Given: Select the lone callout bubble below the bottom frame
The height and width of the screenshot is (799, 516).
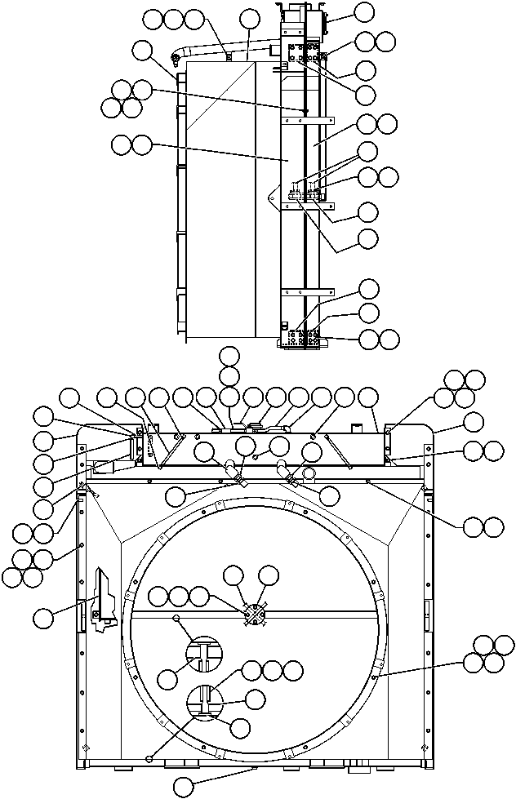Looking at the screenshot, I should coord(185,787).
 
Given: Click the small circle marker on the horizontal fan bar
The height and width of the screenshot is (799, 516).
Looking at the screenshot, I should coord(176,619).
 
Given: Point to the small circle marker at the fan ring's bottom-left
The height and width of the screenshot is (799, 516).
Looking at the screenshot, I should coord(149,758).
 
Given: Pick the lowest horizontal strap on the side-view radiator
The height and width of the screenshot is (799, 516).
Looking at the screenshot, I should coord(307,291).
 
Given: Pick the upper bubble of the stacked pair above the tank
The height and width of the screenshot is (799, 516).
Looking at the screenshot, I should coord(230,356).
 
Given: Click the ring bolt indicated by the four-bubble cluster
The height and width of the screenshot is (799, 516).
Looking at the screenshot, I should coord(374,677).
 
